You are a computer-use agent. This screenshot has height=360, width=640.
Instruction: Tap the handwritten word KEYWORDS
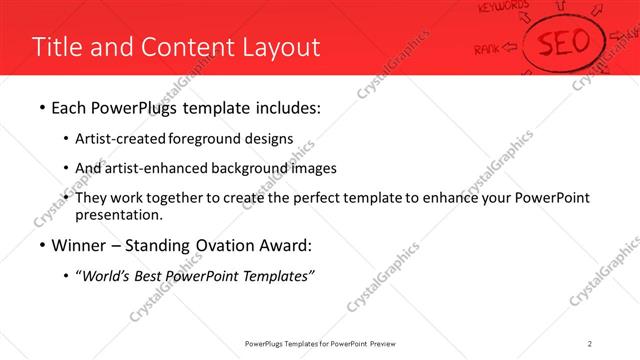tap(504, 8)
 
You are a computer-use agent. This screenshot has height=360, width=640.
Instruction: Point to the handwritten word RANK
tap(487, 46)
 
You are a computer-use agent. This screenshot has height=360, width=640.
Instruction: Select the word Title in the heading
tap(56, 47)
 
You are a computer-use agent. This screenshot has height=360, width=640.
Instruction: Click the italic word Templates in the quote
tap(281, 276)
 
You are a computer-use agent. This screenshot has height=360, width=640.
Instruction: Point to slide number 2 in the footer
tap(591, 344)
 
